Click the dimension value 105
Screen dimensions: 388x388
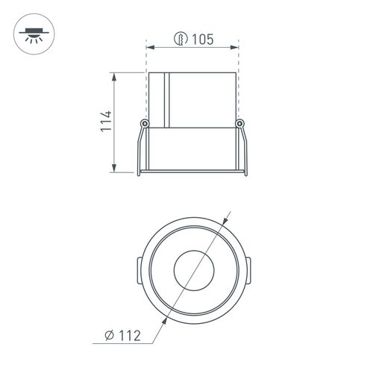click(203, 40)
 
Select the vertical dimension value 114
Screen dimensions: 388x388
click(106, 121)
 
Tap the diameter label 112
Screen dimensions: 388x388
click(130, 336)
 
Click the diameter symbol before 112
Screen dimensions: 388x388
click(109, 336)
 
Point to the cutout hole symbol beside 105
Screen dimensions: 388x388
click(181, 39)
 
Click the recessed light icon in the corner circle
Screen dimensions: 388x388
click(34, 35)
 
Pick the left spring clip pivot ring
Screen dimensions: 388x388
click(145, 123)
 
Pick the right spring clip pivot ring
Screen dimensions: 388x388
click(240, 123)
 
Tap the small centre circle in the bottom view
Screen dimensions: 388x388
click(194, 270)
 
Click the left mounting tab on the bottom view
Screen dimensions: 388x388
click(140, 271)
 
